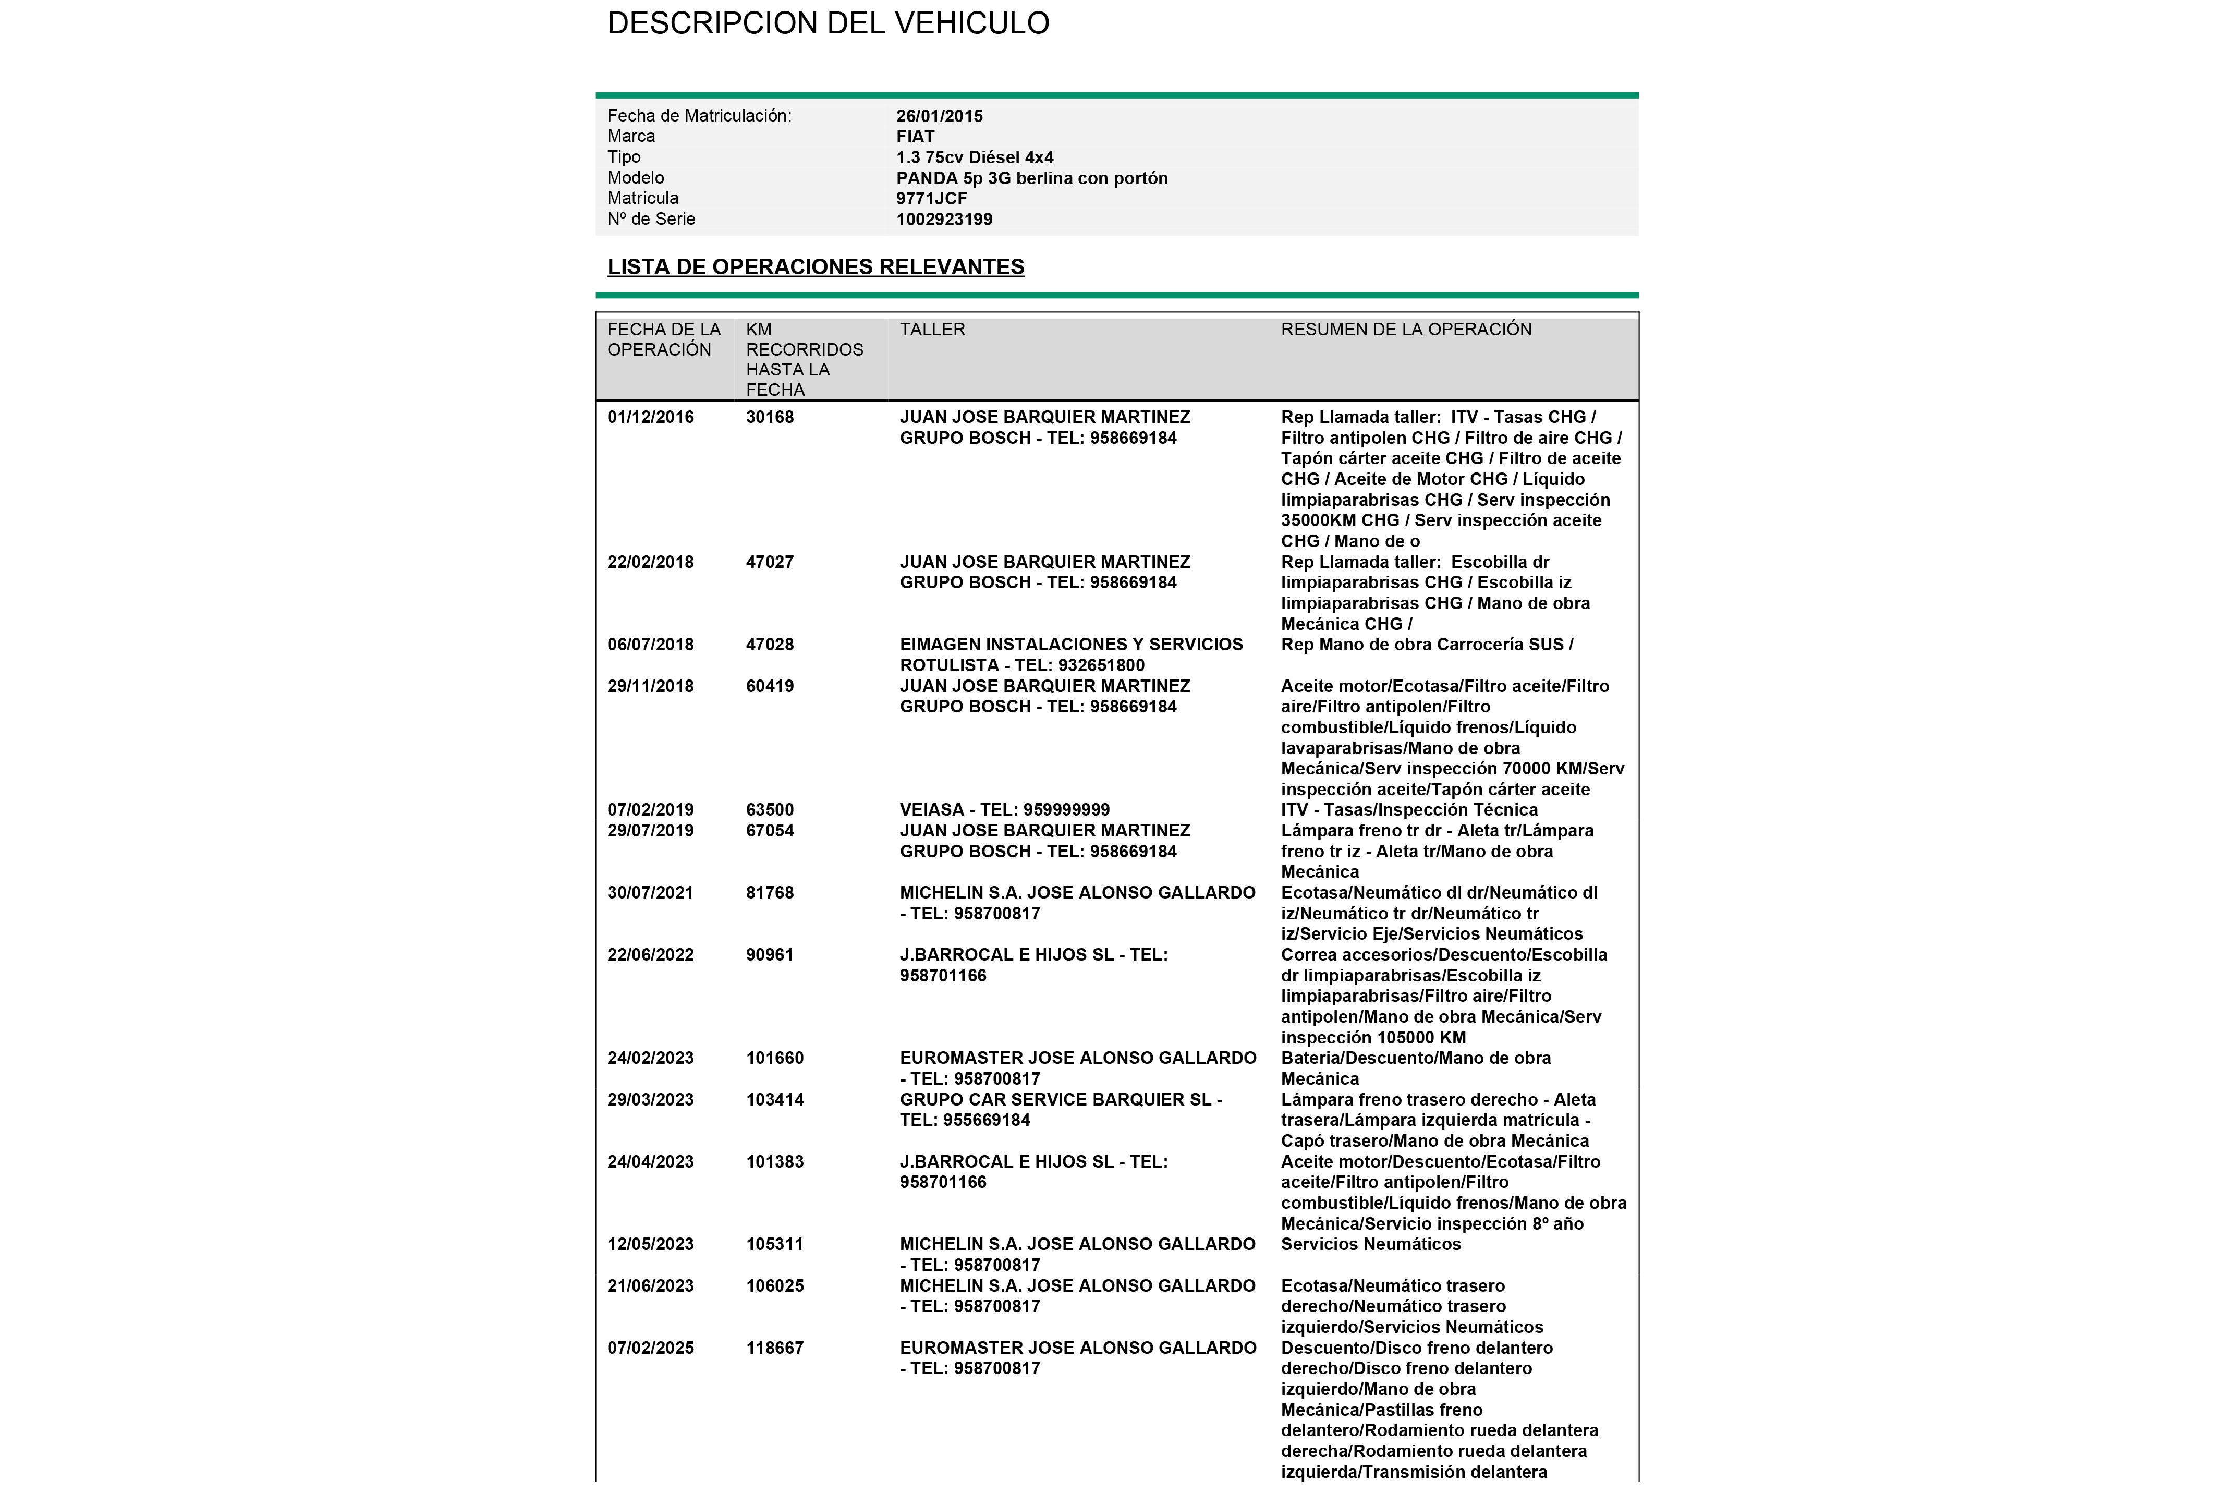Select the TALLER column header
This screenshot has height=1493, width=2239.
click(x=932, y=330)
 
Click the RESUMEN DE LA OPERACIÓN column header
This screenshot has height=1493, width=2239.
click(x=1406, y=330)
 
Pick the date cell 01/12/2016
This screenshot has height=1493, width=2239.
click(x=650, y=417)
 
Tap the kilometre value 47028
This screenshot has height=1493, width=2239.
click(x=769, y=645)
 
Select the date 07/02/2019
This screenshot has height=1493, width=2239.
click(x=650, y=810)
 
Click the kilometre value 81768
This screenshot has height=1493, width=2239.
click(x=769, y=893)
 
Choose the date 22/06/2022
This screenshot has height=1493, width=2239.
click(x=650, y=955)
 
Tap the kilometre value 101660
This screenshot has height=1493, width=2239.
click(x=774, y=1058)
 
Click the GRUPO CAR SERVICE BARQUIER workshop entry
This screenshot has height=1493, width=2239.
click(x=1061, y=1100)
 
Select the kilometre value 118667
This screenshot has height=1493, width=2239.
click(x=774, y=1348)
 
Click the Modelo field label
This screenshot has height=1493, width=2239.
click(x=635, y=178)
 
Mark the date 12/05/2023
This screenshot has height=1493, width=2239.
click(x=650, y=1244)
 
